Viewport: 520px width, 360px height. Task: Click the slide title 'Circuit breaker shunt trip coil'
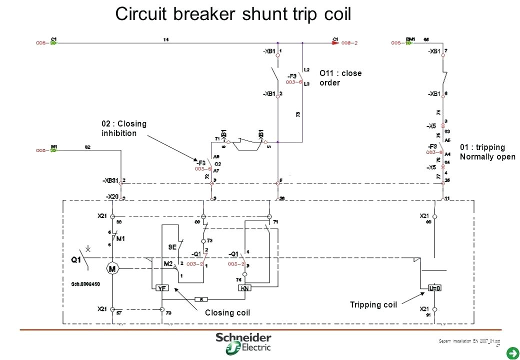click(x=233, y=14)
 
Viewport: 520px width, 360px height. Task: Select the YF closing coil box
click(x=162, y=288)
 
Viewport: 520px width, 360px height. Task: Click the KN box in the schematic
click(x=245, y=288)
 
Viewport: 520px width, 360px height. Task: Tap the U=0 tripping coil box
click(x=434, y=288)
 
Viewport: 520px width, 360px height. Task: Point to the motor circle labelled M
click(x=112, y=268)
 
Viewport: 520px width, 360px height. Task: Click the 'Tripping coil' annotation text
click(x=373, y=305)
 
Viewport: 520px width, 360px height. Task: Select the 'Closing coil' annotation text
click(x=227, y=313)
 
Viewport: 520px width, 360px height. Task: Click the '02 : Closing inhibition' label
click(x=124, y=128)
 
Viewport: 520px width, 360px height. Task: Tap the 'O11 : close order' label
click(x=340, y=78)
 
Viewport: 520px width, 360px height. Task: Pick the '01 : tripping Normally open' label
click(x=487, y=151)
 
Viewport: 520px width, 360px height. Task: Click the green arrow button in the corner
click(x=511, y=354)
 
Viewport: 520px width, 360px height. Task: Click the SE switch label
click(x=171, y=247)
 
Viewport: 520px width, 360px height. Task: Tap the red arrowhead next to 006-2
click(x=335, y=43)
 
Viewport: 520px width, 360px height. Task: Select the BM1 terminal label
click(x=410, y=38)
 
